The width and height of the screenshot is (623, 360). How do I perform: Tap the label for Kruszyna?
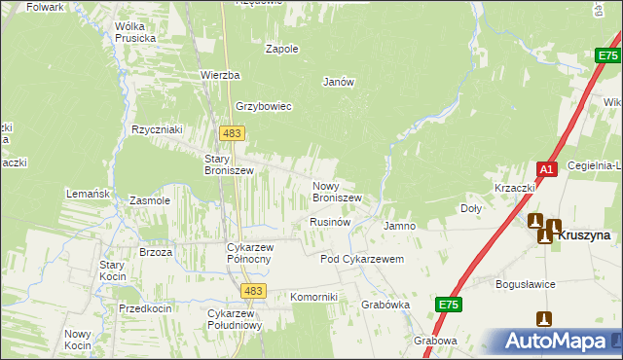point(585,235)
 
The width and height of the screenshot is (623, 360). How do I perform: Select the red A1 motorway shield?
point(547,169)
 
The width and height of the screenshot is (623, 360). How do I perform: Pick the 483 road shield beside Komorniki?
point(254,291)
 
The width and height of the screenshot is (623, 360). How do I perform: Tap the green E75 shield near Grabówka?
point(448,306)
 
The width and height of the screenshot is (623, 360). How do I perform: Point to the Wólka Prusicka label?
point(135,32)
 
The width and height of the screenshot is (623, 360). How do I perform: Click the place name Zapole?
point(282,49)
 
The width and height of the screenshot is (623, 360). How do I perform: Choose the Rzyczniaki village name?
point(159,129)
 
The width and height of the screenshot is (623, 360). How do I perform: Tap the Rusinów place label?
point(330,223)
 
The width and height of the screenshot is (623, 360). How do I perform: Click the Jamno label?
point(400,226)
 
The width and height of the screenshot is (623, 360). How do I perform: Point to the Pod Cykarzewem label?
point(362,260)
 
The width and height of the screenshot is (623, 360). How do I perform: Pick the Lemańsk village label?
point(88,195)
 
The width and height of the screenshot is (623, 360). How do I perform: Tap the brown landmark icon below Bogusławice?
point(544,318)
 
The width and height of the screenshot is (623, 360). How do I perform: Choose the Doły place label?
point(470,209)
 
